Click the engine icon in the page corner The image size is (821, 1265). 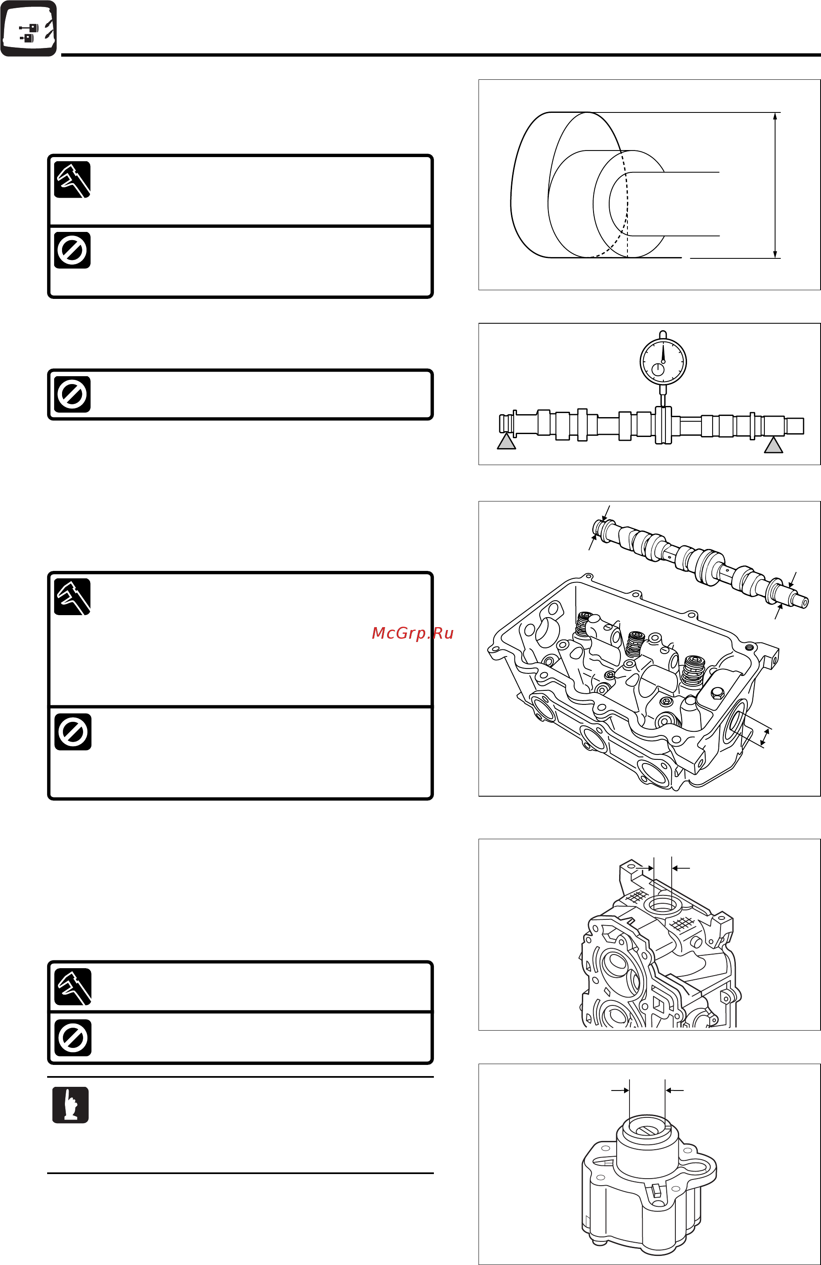point(29,29)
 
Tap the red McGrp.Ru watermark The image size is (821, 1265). point(413,633)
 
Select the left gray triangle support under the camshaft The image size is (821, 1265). point(506,442)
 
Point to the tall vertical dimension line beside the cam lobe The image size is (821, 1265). point(775,185)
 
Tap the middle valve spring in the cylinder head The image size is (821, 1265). point(635,644)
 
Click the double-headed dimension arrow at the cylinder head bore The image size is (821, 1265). point(765,737)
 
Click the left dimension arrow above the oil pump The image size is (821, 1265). point(620,1091)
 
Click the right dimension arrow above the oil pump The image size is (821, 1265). point(674,1091)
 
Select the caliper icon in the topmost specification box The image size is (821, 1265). point(72,180)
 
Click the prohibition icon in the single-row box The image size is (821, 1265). point(72,394)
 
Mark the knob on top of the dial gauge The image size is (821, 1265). point(663,334)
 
